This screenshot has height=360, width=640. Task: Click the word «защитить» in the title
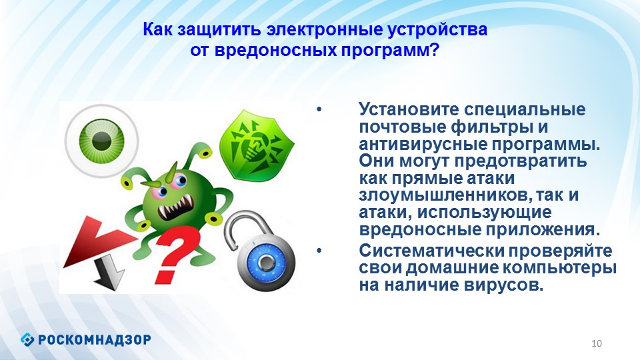point(219,30)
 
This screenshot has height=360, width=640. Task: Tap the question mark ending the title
point(433,50)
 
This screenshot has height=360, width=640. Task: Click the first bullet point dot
point(319,109)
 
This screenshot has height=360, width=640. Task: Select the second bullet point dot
point(319,251)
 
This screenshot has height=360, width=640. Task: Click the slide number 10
point(597,343)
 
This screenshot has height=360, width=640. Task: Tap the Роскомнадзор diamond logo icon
point(27,339)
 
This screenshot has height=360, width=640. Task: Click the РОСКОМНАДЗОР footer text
point(95,339)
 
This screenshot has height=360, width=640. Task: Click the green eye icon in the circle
point(101,141)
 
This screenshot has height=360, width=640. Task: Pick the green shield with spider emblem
point(256,144)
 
